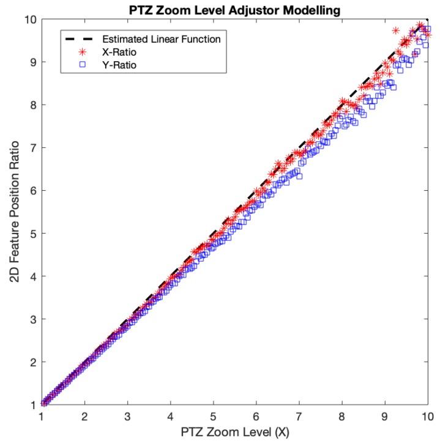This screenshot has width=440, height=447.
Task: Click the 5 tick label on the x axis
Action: (x=214, y=416)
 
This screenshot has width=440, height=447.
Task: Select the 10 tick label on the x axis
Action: (x=428, y=416)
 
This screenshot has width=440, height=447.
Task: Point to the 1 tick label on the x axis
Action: (x=42, y=416)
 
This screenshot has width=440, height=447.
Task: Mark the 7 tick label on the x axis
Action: (x=299, y=416)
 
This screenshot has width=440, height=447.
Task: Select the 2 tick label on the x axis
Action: (x=84, y=416)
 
